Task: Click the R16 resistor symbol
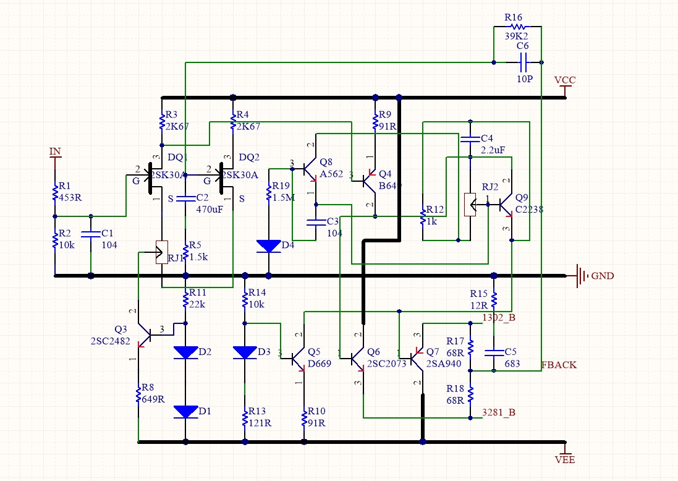(517, 27)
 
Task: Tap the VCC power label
(565, 81)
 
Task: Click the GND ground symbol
(581, 275)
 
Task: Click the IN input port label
(55, 152)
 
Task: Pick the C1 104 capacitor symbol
(91, 234)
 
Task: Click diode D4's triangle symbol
(268, 246)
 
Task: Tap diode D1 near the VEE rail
(185, 412)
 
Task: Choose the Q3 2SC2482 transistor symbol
(145, 334)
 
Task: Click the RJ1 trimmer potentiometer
(161, 252)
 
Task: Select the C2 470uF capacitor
(185, 198)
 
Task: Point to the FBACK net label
(559, 365)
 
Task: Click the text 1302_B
(498, 318)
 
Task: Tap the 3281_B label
(498, 412)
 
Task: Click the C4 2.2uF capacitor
(470, 138)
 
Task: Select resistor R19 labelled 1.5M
(268, 193)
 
